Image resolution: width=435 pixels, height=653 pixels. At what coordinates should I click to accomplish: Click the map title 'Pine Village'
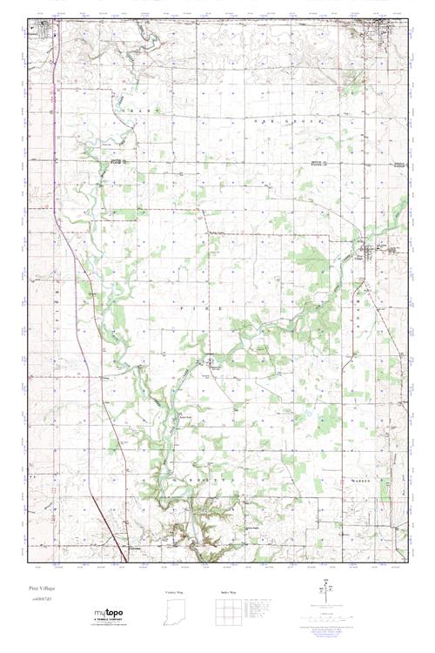[41, 588]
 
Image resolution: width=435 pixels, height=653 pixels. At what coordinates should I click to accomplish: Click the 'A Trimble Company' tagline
[108, 620]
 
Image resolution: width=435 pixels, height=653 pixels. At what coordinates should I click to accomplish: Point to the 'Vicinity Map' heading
[175, 592]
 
